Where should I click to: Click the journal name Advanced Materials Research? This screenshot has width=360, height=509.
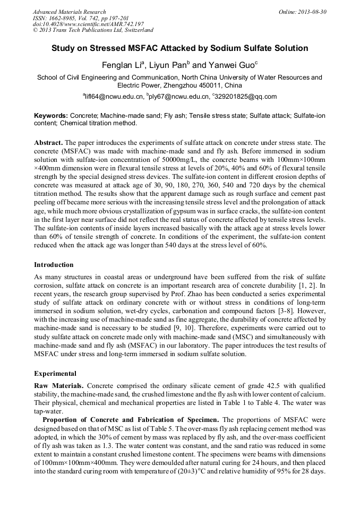click(69, 12)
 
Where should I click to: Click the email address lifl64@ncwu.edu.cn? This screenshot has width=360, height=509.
click(115, 97)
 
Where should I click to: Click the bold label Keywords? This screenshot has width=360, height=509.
click(51, 115)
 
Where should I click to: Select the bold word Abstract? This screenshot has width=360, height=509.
click(49, 143)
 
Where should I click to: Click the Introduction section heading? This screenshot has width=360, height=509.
click(54, 264)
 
